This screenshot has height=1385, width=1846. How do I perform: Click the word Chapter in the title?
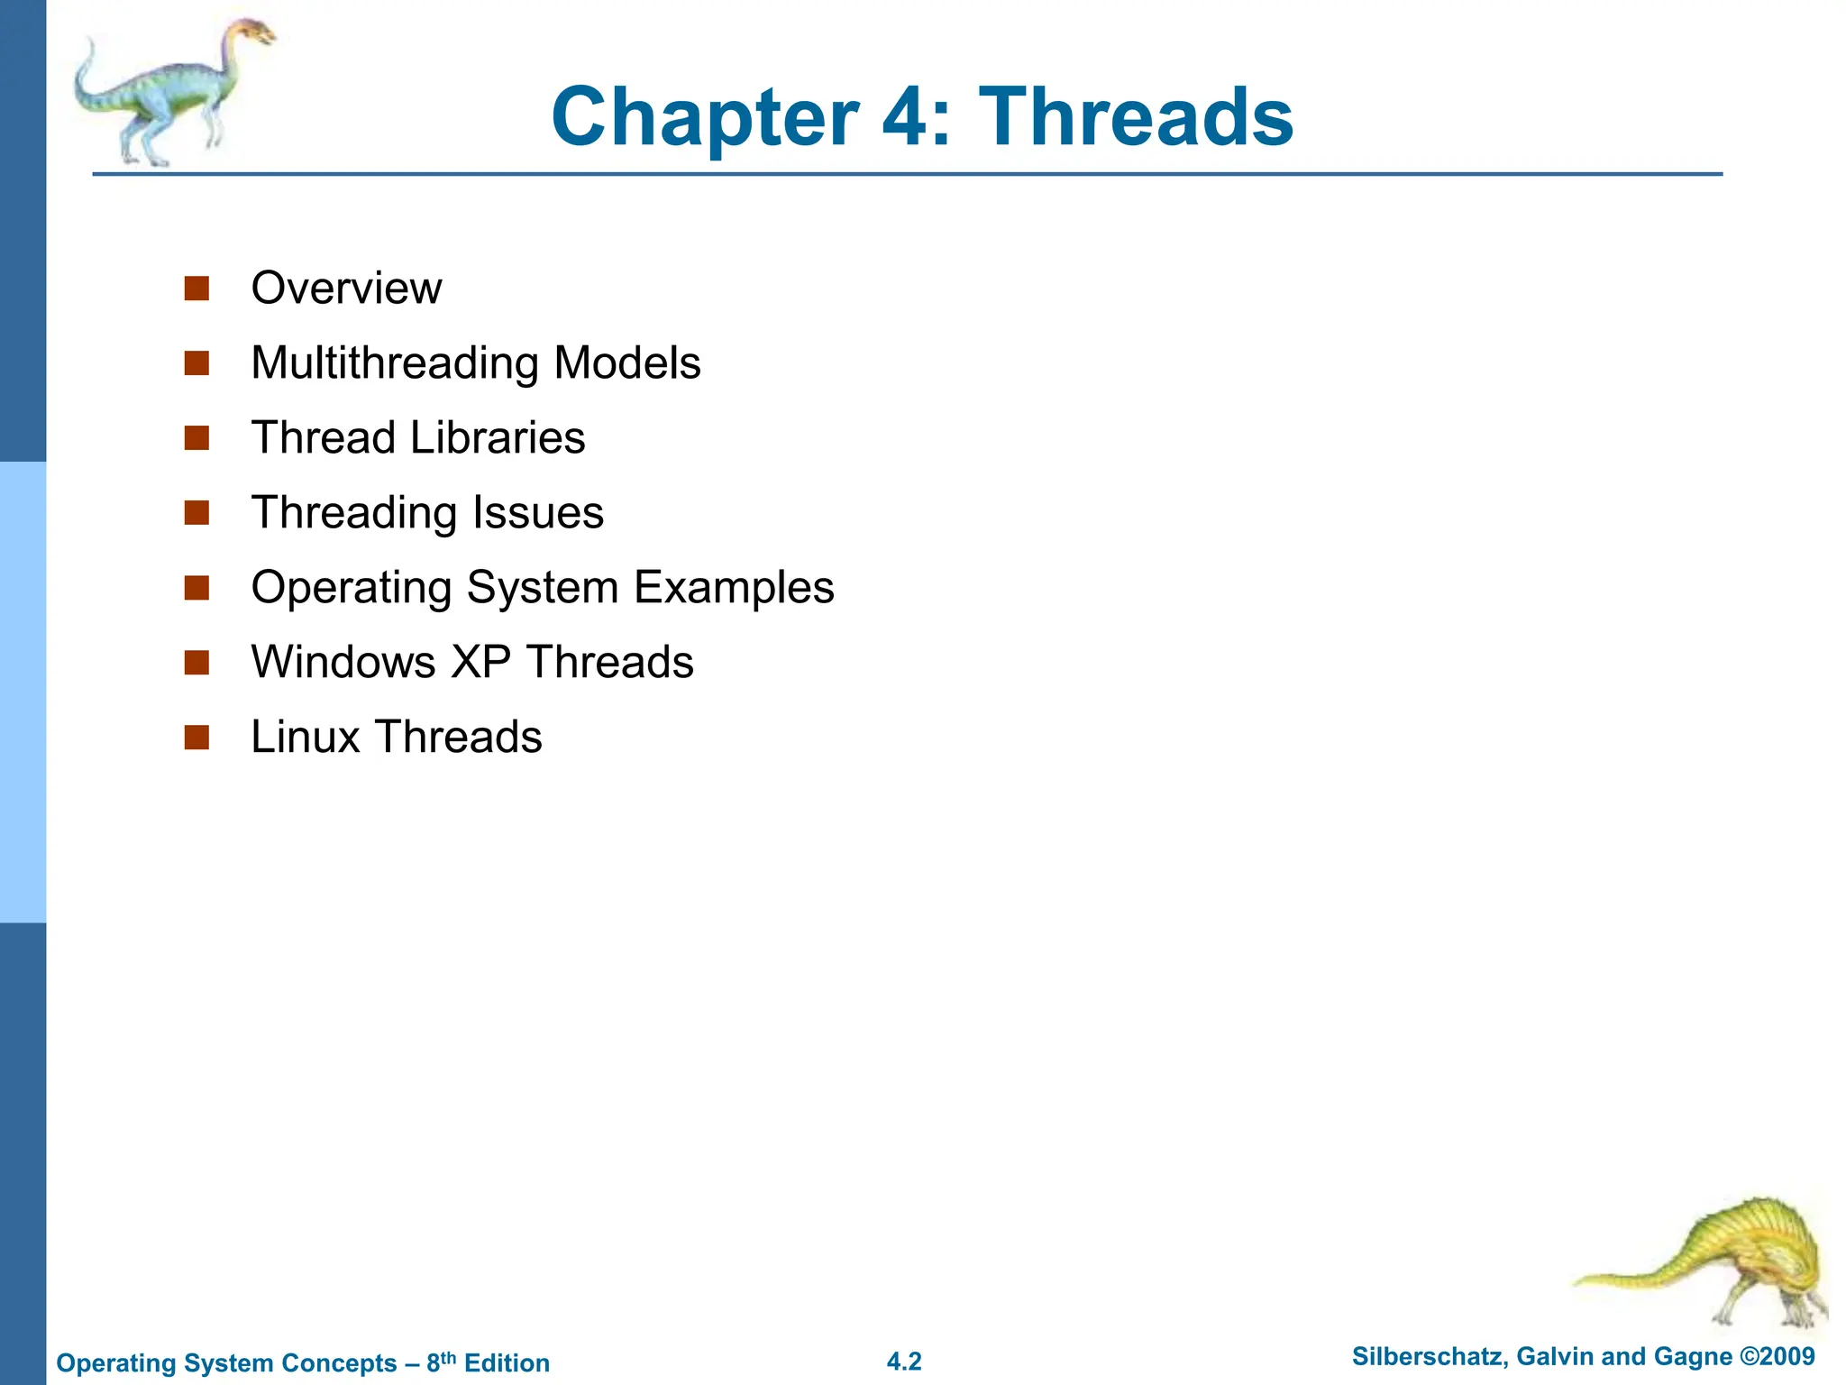[705, 117]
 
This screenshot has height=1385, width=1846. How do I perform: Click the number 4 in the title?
[909, 117]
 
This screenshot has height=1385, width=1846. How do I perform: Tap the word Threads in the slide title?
[1136, 117]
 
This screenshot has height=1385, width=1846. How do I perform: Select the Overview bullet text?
[346, 289]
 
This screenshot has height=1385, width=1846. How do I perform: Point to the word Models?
[627, 363]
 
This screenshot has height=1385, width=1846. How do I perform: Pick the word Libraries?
[498, 438]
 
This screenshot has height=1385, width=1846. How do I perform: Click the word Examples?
[734, 588]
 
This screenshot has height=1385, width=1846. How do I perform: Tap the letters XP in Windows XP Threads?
[480, 663]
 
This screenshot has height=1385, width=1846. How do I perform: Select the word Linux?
[306, 738]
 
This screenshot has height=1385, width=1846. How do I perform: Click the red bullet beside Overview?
[196, 289]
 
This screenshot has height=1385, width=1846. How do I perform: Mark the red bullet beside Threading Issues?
[196, 513]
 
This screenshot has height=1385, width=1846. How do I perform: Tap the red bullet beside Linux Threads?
[196, 738]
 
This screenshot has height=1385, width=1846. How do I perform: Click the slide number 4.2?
[904, 1362]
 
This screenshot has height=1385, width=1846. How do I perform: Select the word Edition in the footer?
[507, 1363]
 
